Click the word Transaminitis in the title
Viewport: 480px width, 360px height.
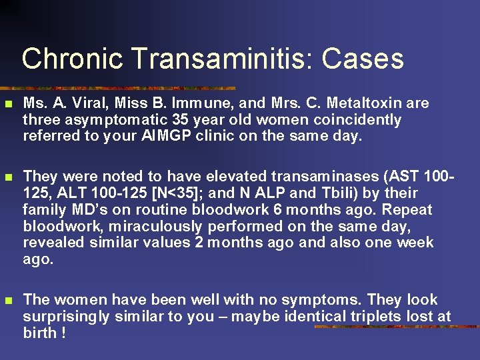(x=223, y=59)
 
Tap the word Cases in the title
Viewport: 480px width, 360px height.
(x=363, y=59)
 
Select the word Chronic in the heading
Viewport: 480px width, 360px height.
(x=72, y=59)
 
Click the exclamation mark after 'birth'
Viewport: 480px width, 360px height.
(x=63, y=333)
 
